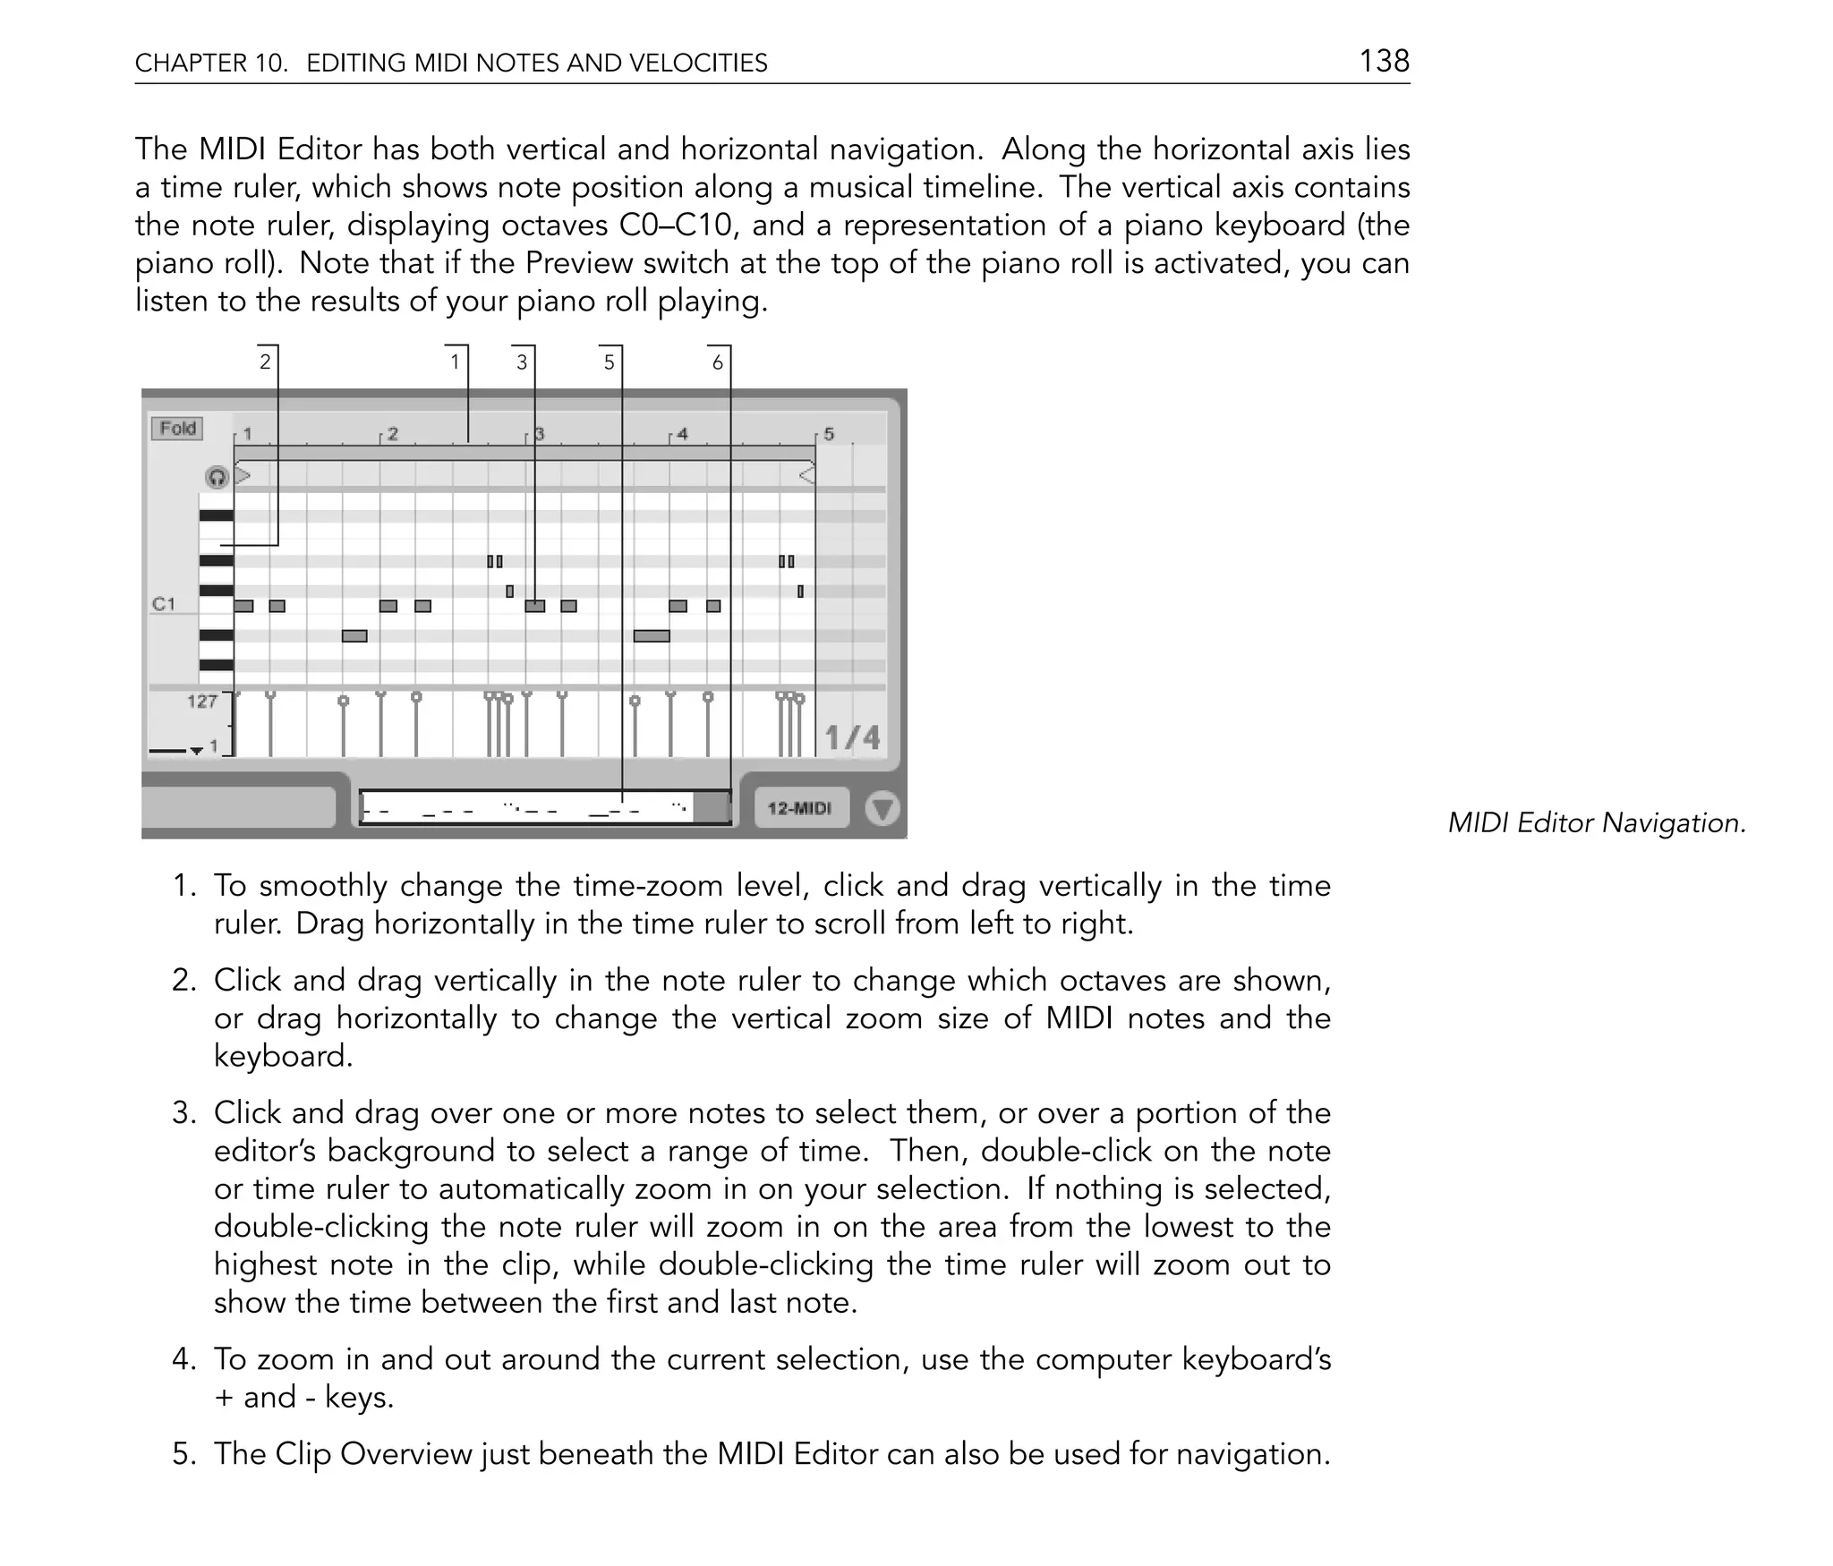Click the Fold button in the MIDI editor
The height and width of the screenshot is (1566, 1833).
click(x=177, y=429)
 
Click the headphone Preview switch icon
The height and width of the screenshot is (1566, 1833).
click(x=217, y=477)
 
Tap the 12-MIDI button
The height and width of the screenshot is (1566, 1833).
click(x=800, y=809)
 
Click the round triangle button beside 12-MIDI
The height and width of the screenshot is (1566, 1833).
click(x=882, y=809)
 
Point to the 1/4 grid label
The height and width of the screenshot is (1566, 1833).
click(x=851, y=738)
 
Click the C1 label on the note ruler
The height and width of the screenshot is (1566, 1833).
click(x=164, y=604)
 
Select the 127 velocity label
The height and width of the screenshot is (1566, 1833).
click(x=202, y=702)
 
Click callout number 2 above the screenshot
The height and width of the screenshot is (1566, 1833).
click(x=265, y=362)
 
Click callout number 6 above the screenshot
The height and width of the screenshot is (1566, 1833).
click(x=717, y=362)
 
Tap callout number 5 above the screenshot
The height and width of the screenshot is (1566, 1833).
click(x=610, y=362)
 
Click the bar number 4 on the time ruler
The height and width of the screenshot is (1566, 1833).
click(x=682, y=434)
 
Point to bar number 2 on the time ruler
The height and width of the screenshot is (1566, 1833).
click(x=392, y=434)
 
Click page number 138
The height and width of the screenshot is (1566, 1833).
click(x=1384, y=61)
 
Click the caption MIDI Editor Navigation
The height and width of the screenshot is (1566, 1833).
click(x=1597, y=822)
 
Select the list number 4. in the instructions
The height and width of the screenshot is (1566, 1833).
click(x=183, y=1359)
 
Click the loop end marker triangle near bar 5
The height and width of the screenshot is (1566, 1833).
click(x=806, y=474)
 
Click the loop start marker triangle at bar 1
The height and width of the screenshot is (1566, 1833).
click(x=243, y=474)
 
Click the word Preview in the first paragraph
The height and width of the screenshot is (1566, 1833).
click(x=578, y=263)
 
